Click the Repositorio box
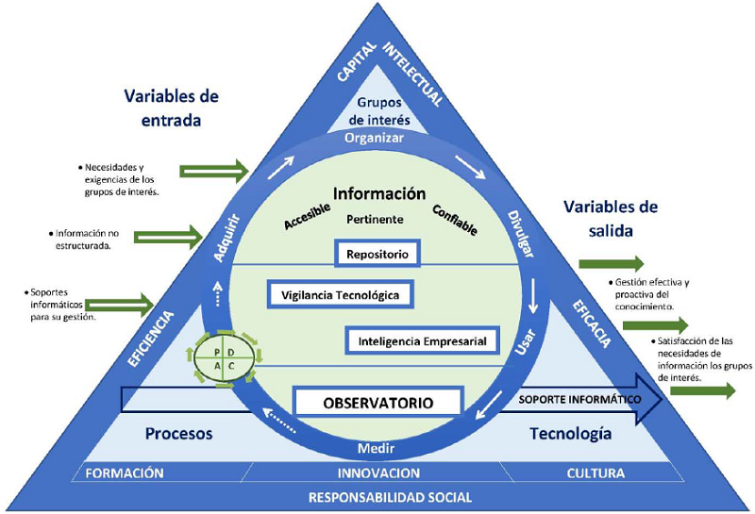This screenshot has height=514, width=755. click(x=377, y=253)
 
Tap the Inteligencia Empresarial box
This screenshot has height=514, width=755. click(x=422, y=339)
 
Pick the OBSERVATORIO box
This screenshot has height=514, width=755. click(x=377, y=403)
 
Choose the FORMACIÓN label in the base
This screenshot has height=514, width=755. click(x=125, y=473)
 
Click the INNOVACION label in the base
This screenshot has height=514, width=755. click(x=377, y=473)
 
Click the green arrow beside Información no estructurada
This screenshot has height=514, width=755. click(x=169, y=235)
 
